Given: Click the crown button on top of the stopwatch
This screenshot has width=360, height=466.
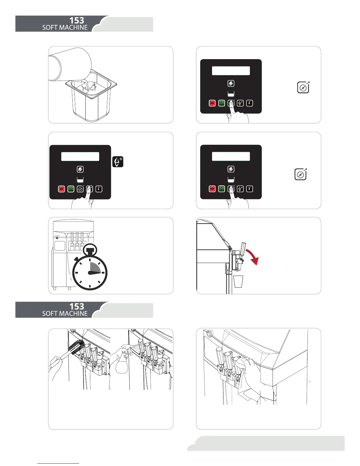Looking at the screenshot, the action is point(90,250).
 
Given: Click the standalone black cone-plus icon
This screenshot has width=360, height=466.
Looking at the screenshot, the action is point(118,162).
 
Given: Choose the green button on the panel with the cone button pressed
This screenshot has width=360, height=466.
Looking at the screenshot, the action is point(71,189).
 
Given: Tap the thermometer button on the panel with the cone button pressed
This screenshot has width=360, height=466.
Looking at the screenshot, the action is point(99,189).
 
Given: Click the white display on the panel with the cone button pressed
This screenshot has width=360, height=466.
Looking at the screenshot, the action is point(80,157).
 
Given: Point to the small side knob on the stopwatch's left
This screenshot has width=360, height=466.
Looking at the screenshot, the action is point(76,259).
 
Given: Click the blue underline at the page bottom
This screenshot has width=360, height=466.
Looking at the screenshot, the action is point(59,463).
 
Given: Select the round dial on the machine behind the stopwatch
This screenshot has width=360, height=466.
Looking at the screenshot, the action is point(57,237).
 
